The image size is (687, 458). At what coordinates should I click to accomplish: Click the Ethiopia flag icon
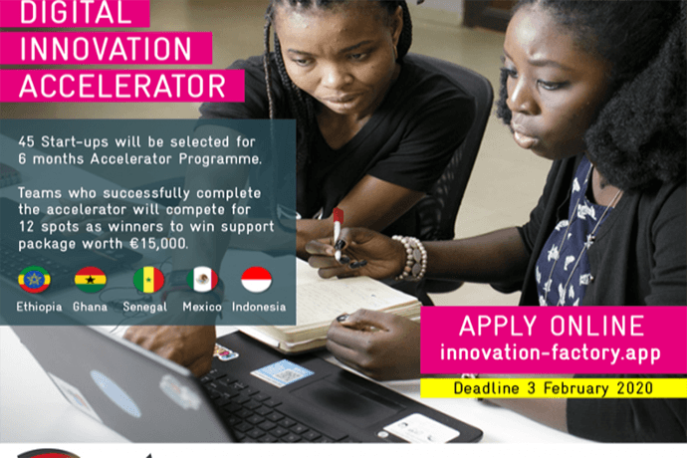(x=34, y=279)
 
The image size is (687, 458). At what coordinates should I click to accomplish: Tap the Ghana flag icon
(x=90, y=279)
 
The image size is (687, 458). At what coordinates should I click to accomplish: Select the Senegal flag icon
(x=148, y=279)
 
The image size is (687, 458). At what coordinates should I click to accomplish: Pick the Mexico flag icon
(x=202, y=279)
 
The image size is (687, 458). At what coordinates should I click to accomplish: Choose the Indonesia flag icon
(x=256, y=279)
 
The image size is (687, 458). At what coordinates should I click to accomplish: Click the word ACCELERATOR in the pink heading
(x=122, y=86)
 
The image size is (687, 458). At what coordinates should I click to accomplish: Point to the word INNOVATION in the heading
(x=106, y=48)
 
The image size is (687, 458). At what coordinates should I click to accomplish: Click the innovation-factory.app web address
(x=551, y=352)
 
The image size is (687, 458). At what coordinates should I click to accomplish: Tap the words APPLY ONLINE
(x=552, y=326)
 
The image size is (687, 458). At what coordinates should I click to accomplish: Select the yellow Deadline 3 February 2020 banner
(x=554, y=388)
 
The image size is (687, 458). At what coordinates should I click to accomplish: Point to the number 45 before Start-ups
(x=26, y=142)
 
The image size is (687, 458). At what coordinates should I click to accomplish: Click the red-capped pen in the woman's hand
(x=338, y=234)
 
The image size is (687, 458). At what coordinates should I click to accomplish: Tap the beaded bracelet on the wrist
(x=411, y=258)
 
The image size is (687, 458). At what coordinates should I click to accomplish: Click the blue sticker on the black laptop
(x=282, y=372)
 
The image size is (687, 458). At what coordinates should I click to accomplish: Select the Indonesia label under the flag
(x=259, y=307)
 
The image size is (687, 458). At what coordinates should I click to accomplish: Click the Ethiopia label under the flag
(x=39, y=307)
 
